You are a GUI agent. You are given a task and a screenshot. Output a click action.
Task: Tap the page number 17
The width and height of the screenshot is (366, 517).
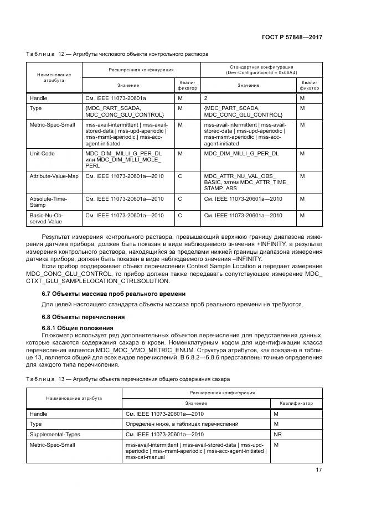click(x=318, y=470)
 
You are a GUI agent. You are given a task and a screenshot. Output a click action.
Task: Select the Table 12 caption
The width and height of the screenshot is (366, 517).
click(x=117, y=55)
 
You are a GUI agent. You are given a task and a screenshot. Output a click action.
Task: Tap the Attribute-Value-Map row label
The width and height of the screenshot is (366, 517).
click(x=54, y=176)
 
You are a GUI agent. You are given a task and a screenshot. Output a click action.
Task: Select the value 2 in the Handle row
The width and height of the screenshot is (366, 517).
click(x=206, y=98)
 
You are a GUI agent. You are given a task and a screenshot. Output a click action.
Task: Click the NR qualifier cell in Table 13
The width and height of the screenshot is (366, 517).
click(x=277, y=434)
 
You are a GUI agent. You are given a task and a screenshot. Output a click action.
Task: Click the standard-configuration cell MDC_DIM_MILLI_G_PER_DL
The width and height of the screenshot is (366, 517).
click(x=241, y=153)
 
